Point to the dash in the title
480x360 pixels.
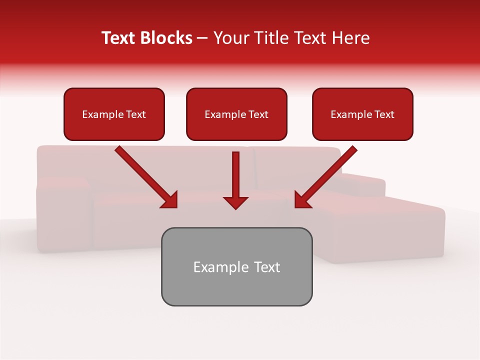(202, 38)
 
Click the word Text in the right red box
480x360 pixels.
(384, 114)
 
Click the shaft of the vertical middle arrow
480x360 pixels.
(235, 172)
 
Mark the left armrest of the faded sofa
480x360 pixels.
(62, 215)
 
